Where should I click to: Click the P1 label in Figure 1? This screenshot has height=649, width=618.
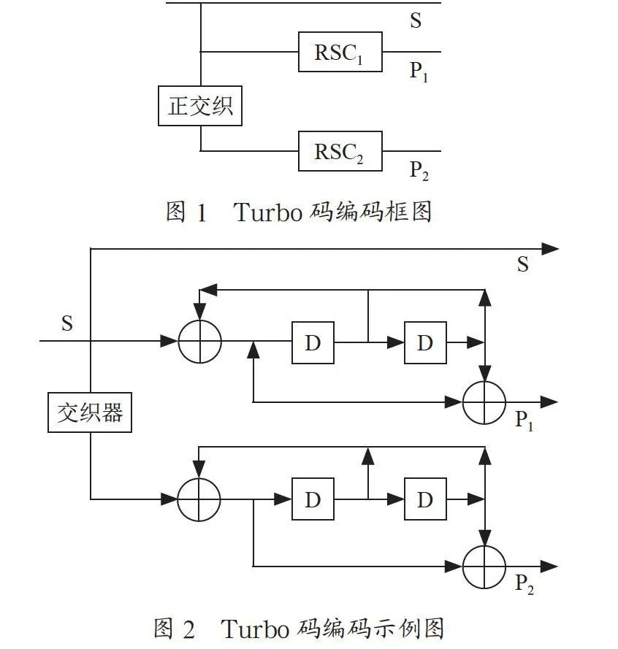click(419, 72)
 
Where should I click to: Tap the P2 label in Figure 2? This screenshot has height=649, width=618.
click(524, 583)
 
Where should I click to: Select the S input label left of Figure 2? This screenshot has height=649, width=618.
click(67, 323)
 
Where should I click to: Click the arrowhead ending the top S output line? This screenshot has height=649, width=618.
click(550, 249)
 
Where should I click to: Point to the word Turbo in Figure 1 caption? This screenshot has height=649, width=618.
click(268, 212)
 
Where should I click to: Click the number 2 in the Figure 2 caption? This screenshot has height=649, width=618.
click(188, 629)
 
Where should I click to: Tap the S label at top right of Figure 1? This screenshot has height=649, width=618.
click(416, 20)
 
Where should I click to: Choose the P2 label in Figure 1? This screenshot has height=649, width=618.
click(419, 171)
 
